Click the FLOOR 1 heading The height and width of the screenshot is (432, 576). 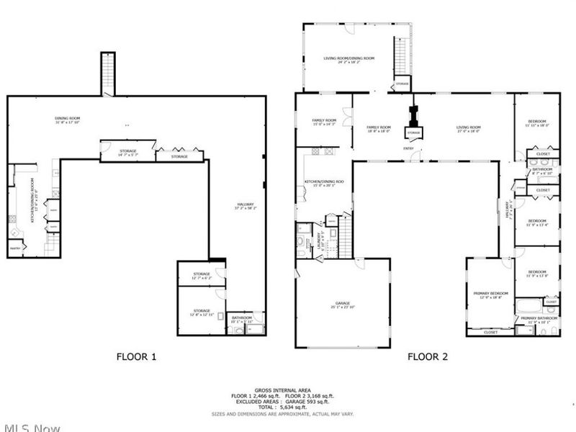tap(137, 356)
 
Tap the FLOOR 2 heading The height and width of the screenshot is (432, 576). tap(428, 356)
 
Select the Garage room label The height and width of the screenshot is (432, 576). tap(342, 305)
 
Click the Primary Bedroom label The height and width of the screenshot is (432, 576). tap(490, 294)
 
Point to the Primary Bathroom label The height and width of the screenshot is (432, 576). tap(537, 318)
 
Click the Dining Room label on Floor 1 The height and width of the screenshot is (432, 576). tap(68, 118)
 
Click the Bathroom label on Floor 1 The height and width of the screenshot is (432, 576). tap(241, 318)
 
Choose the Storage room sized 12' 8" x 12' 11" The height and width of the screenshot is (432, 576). tap(201, 311)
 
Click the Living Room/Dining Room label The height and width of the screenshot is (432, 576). tap(348, 58)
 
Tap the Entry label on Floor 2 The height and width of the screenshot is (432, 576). tap(408, 149)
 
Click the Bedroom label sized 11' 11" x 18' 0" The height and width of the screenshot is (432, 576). tap(537, 121)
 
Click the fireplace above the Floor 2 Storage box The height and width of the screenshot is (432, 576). tap(413, 115)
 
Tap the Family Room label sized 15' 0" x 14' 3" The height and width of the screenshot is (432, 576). tap(324, 121)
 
